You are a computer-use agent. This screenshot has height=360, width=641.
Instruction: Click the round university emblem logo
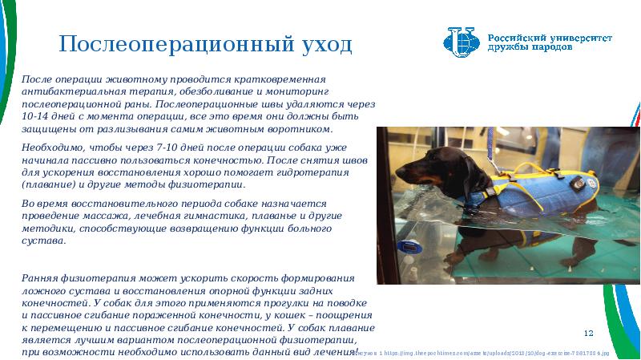point(462,42)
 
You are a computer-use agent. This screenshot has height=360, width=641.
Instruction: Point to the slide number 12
point(588,333)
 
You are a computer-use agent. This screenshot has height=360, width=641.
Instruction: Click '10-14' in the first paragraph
point(35,116)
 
